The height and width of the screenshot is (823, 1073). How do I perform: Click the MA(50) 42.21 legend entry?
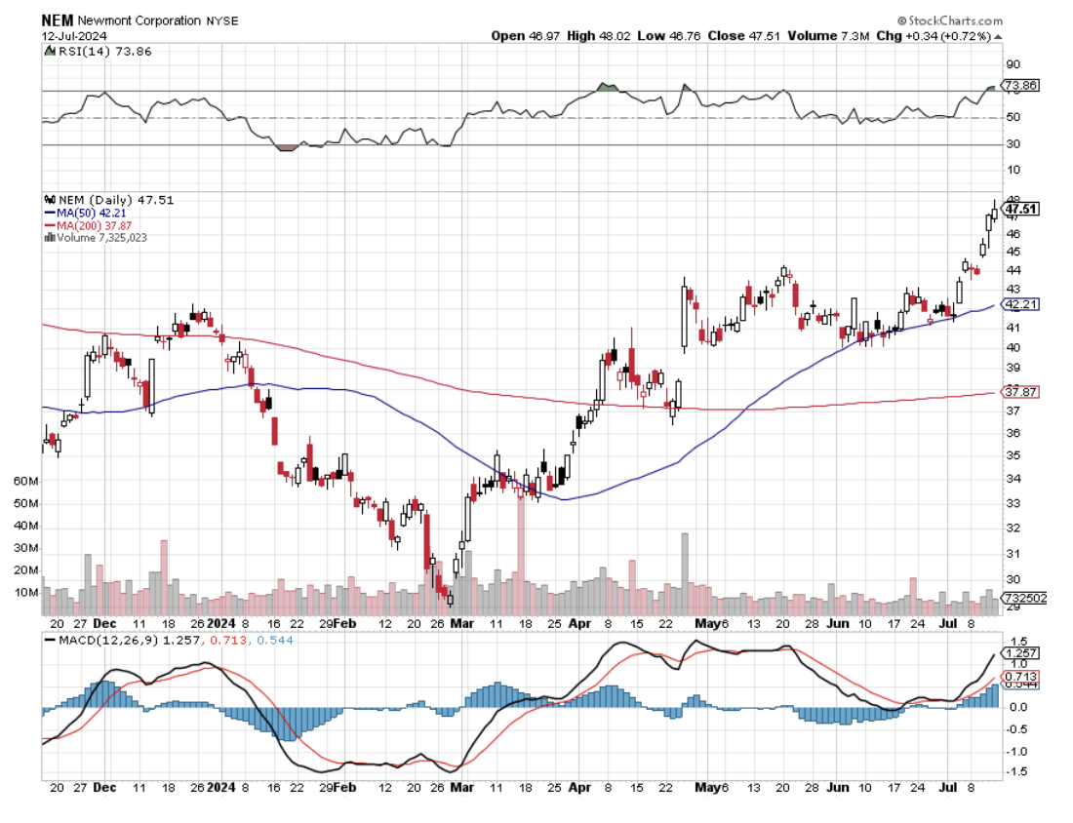click(89, 212)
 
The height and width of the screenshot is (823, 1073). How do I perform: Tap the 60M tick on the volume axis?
click(26, 482)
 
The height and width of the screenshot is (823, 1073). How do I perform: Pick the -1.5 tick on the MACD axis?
click(1014, 772)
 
